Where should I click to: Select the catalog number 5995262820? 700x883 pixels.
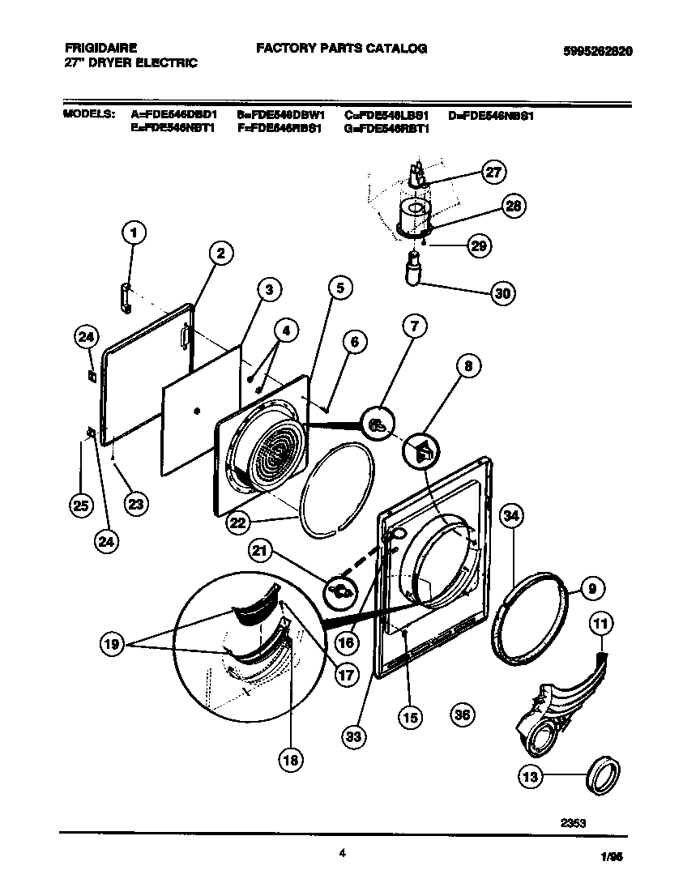(x=598, y=50)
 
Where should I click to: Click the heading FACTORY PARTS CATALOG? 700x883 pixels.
(x=341, y=49)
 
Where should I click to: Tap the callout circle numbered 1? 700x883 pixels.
(x=134, y=234)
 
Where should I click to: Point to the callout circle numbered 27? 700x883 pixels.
(x=493, y=172)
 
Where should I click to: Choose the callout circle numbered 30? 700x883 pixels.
(x=503, y=293)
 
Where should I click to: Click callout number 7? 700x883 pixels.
(x=414, y=327)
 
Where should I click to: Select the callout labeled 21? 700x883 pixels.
(x=260, y=553)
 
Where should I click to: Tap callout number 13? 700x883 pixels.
(x=530, y=777)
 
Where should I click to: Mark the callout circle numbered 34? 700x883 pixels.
(x=510, y=515)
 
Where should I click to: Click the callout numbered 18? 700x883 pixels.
(x=289, y=759)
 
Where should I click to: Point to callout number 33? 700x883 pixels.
(x=354, y=736)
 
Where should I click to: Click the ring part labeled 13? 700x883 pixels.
(x=604, y=776)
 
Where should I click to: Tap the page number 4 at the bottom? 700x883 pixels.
(x=343, y=852)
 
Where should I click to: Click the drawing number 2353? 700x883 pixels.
(x=573, y=822)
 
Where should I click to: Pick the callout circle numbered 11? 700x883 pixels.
(x=600, y=624)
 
